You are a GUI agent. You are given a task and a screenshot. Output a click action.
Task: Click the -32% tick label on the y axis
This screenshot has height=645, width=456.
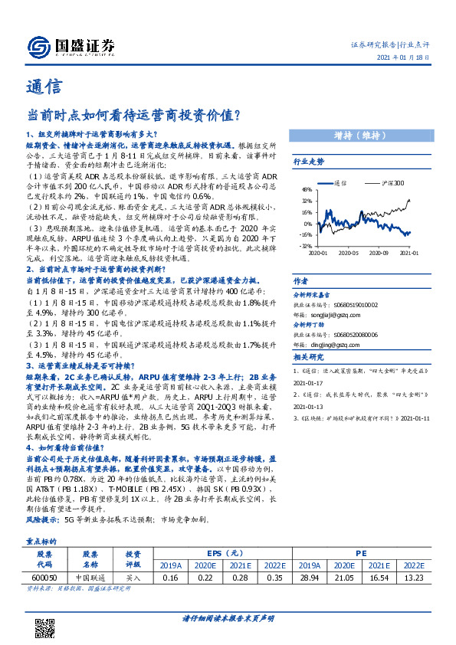pos(306,246)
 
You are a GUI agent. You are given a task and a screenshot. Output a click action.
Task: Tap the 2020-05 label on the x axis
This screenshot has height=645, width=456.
pos(349,252)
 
